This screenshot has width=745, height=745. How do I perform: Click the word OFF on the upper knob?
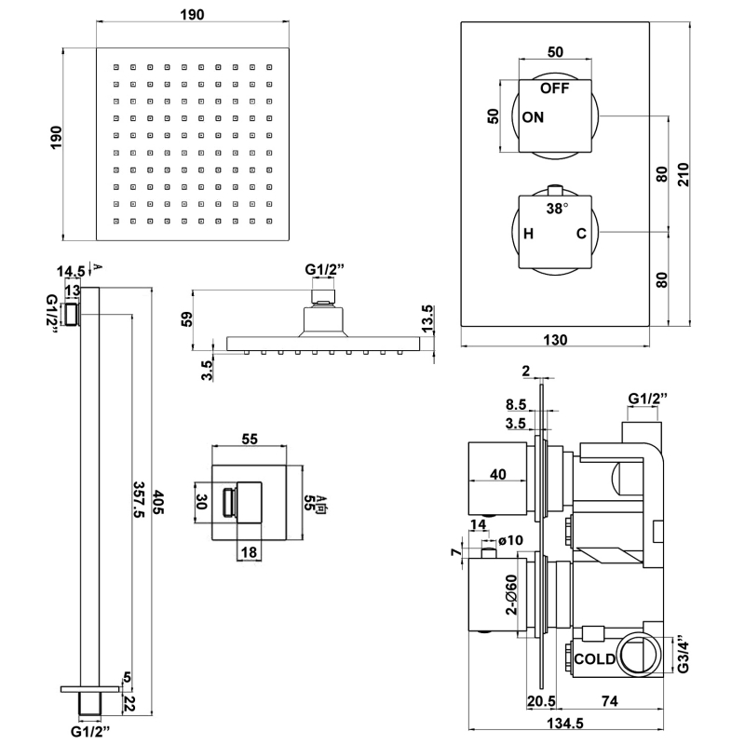pyautogui.click(x=555, y=89)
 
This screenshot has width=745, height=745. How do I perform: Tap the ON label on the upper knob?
pyautogui.click(x=534, y=117)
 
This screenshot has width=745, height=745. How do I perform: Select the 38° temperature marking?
pyautogui.click(x=557, y=210)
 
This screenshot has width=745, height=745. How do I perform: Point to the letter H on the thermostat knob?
pyautogui.click(x=528, y=234)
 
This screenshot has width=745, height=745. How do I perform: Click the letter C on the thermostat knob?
pyautogui.click(x=581, y=234)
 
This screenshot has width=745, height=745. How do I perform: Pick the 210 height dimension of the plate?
pyautogui.click(x=684, y=174)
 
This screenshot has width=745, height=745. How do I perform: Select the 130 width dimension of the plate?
pyautogui.click(x=555, y=340)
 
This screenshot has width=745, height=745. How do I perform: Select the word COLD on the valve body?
pyautogui.click(x=594, y=658)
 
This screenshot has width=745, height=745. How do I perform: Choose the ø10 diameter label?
pyautogui.click(x=511, y=540)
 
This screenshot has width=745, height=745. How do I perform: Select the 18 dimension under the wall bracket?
pyautogui.click(x=249, y=552)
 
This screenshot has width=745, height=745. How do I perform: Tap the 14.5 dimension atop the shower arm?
pyautogui.click(x=71, y=271)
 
